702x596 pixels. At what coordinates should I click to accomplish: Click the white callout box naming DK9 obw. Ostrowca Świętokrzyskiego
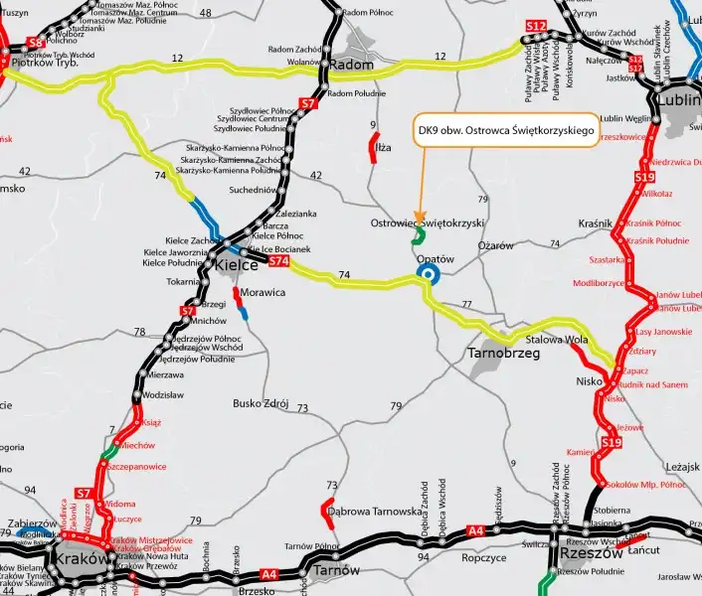(505, 131)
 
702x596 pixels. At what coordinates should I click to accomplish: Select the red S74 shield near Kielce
(279, 260)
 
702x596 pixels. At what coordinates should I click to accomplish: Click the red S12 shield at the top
(535, 26)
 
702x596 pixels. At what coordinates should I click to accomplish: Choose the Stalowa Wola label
(563, 340)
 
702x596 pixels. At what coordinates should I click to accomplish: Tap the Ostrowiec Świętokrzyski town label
(426, 223)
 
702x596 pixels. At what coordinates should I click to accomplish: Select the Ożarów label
(495, 245)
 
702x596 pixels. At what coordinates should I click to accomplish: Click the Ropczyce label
(484, 558)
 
